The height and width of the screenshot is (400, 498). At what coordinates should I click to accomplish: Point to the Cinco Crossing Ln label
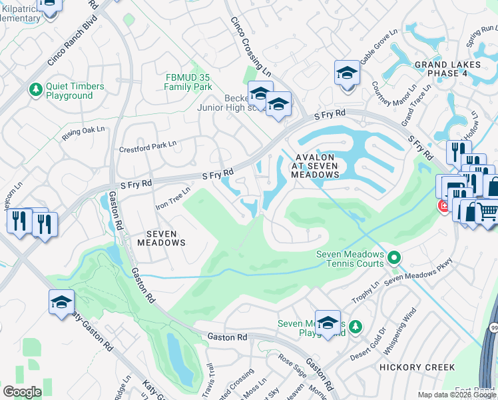[x=251, y=46]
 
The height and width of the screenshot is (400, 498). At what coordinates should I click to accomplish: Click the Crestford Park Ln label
[x=148, y=146]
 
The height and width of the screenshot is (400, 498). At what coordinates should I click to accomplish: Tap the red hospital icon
[x=443, y=206]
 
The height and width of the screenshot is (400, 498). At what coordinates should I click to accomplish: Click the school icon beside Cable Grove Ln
[x=347, y=72]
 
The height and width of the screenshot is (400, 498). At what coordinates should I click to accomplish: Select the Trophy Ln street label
[x=367, y=287]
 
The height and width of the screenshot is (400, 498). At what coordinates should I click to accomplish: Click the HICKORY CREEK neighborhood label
[x=417, y=367]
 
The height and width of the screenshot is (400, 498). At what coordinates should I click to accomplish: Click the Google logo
[x=22, y=392]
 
